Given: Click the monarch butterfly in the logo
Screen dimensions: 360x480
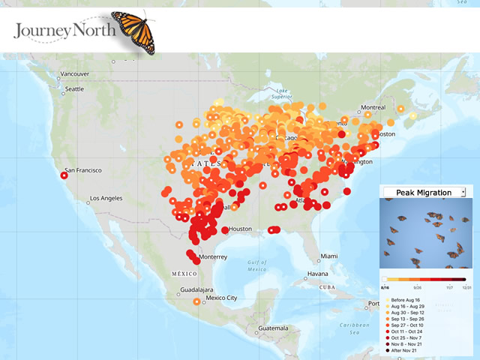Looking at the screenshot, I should (x=133, y=31).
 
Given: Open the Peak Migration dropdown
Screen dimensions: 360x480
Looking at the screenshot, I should (x=424, y=193).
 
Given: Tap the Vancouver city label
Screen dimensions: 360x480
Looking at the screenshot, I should (x=75, y=74).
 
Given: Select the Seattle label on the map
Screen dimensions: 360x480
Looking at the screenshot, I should (x=74, y=89).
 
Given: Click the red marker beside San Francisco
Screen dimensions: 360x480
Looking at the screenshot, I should (x=64, y=175).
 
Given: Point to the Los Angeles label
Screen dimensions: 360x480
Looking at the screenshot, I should (x=110, y=199).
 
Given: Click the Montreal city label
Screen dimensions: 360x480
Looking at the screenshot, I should (x=373, y=108).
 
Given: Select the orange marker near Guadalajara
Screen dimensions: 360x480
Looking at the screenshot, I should (x=196, y=301).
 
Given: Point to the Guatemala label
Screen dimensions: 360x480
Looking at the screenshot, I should (x=270, y=328).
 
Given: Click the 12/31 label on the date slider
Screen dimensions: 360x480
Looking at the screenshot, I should (x=466, y=287).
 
